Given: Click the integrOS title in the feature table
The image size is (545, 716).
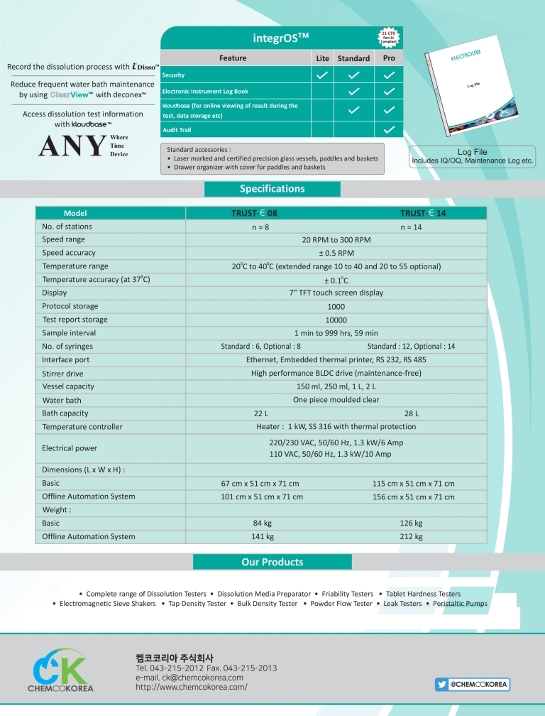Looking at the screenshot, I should [281, 36].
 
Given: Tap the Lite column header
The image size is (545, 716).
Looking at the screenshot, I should [322, 58].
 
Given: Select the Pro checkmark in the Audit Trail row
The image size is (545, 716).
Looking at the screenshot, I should [389, 130].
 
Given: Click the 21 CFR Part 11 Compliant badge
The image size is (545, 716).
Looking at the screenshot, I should [389, 38].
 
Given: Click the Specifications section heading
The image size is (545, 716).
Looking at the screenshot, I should [272, 189].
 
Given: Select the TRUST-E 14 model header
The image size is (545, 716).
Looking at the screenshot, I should [422, 213].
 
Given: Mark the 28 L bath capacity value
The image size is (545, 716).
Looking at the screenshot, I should [412, 413].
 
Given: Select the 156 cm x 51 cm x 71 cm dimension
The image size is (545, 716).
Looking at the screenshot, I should [414, 497].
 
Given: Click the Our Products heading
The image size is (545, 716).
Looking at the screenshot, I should [272, 562].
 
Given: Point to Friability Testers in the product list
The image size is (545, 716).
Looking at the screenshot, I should [348, 594].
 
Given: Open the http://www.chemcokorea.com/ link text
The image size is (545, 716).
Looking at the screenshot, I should [192, 688].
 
